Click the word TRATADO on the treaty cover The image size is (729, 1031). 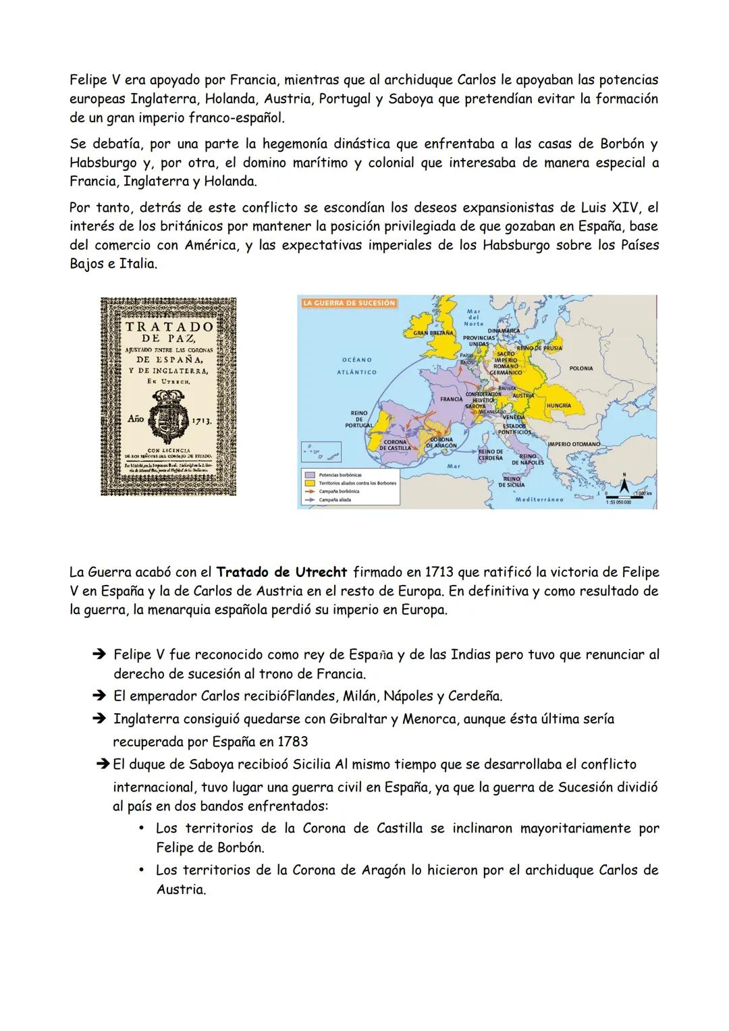[169, 327]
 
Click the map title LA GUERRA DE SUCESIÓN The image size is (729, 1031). [348, 303]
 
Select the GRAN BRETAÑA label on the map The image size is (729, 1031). [432, 333]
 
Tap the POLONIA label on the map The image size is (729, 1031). [581, 368]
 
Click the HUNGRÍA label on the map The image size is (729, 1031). [558, 406]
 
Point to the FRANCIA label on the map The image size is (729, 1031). [451, 399]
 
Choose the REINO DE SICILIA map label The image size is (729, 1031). [512, 480]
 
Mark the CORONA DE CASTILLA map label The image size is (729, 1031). [395, 445]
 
